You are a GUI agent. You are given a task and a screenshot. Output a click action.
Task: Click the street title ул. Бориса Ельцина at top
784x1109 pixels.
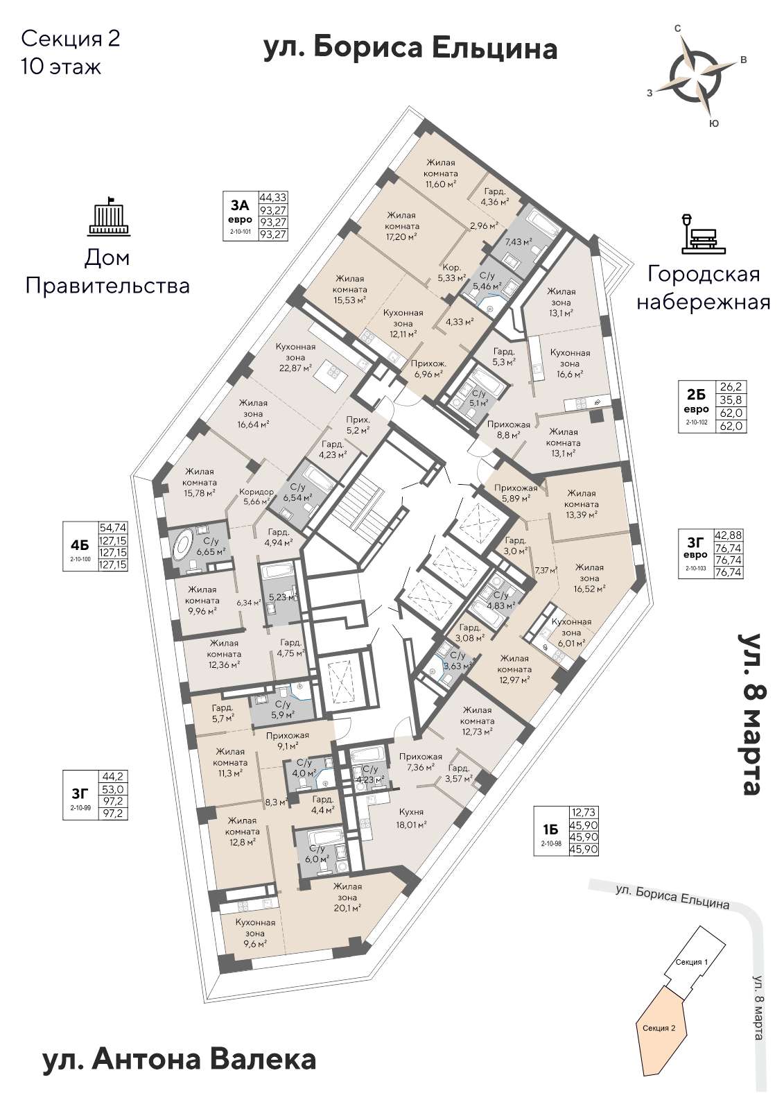coord(410,49)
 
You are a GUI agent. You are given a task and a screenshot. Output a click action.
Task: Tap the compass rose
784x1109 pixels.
coord(696,74)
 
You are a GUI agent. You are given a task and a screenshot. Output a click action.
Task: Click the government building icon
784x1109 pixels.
coord(107,215)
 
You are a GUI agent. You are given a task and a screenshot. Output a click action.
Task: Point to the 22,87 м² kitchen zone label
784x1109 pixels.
coord(295,357)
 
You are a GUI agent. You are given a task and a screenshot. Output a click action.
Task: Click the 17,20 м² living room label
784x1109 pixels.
coord(402,226)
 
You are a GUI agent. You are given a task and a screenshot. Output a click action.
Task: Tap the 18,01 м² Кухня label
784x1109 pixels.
coord(411,818)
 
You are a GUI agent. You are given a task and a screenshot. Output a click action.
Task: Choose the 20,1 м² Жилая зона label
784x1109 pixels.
coord(347,897)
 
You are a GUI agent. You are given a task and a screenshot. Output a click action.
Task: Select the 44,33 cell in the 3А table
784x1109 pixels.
coord(273,198)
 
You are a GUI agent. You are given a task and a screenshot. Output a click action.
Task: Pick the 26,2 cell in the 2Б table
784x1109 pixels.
coord(731,387)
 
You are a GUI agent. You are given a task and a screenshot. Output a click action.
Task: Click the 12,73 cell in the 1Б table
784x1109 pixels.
coord(583,812)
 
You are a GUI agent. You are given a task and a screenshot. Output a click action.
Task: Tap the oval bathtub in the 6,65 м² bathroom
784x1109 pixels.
coord(183,546)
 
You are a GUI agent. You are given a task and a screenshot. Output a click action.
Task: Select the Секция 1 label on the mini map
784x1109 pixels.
coord(691,962)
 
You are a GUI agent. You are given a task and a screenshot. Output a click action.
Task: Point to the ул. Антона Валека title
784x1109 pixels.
coord(179,1060)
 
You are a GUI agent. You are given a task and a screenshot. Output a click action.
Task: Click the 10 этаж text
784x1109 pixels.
coord(61,67)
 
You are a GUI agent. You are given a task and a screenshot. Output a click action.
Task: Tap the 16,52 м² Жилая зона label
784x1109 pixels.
coord(589,578)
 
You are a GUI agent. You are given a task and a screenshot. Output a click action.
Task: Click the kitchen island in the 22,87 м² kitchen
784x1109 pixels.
coord(329,379)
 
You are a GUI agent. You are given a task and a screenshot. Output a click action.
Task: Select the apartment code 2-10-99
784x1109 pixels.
coord(80,807)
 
